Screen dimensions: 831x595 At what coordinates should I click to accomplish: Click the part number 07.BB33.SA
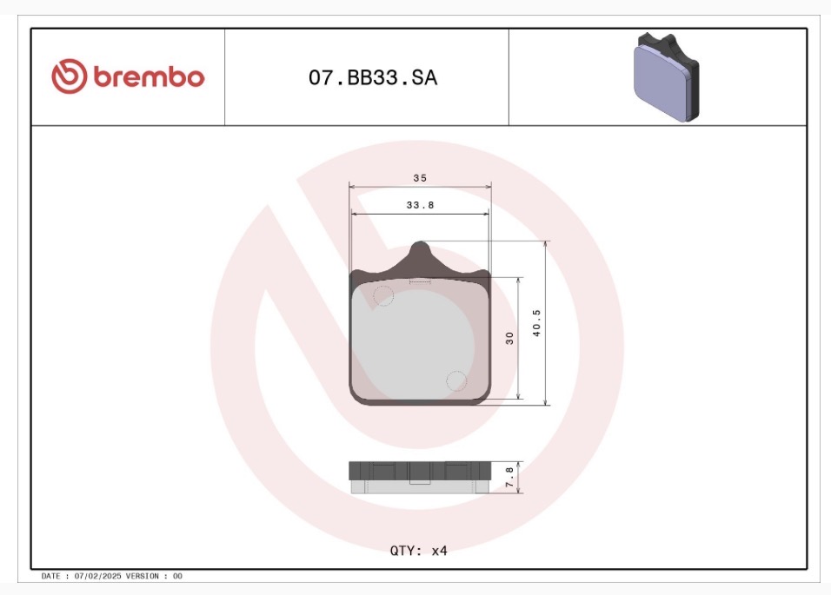tap(373, 78)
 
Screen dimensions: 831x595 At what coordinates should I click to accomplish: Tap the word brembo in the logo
tap(149, 76)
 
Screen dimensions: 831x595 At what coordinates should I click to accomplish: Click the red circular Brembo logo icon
tap(69, 76)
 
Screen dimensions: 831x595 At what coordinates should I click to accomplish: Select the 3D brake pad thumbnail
tap(666, 77)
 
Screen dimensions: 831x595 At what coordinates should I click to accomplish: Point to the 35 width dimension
tap(420, 178)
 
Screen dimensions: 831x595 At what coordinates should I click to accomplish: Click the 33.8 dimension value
tap(420, 205)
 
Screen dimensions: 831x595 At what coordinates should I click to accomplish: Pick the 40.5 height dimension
tap(536, 323)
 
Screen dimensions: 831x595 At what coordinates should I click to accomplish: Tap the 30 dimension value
tap(509, 338)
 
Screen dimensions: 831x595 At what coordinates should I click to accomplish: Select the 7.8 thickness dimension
tap(509, 477)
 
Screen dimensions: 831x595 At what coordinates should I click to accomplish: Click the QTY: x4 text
tap(419, 551)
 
